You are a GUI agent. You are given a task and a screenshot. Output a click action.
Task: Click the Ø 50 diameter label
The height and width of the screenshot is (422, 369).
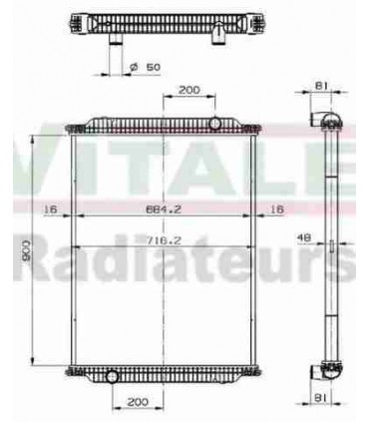(147, 68)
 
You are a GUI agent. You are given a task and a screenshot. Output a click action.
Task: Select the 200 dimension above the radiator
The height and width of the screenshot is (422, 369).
(186, 91)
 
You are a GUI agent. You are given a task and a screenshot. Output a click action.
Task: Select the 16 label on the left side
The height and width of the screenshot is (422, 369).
(50, 210)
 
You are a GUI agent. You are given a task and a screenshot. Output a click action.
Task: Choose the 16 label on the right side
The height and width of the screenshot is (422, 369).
(277, 210)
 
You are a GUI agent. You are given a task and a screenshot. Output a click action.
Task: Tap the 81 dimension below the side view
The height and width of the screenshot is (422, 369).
(321, 399)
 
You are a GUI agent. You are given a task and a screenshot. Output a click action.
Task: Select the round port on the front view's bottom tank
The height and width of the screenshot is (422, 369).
(112, 376)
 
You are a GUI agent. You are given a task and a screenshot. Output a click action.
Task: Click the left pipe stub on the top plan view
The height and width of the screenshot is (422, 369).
(116, 40)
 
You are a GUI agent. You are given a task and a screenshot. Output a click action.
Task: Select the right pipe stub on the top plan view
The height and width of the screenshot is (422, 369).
(217, 37)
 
